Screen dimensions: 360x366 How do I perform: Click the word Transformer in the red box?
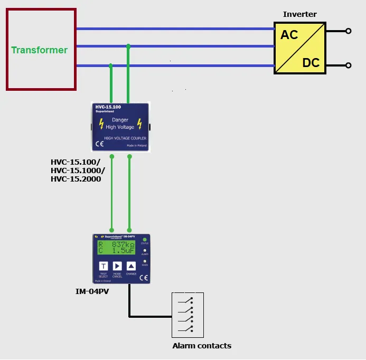[x=40, y=50]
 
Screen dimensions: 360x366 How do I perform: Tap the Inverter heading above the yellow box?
[x=300, y=14]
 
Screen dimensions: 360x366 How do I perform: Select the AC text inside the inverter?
[x=289, y=35]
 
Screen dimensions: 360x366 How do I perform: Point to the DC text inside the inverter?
[x=311, y=63]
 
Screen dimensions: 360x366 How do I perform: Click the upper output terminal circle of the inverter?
[x=348, y=31]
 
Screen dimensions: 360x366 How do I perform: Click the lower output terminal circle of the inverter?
[x=348, y=65]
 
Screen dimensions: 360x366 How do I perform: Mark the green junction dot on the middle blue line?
[x=128, y=46]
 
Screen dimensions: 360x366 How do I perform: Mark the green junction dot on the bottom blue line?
[x=110, y=66]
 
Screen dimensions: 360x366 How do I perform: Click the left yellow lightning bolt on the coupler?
[x=101, y=124]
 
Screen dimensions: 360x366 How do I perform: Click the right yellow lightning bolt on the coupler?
[x=140, y=124]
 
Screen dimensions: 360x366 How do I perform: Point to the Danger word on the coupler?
[x=120, y=120]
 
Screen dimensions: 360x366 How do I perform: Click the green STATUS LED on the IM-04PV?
[x=144, y=240]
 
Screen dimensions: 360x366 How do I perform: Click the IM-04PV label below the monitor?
[x=93, y=291]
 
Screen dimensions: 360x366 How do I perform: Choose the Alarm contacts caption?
[x=202, y=346]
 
